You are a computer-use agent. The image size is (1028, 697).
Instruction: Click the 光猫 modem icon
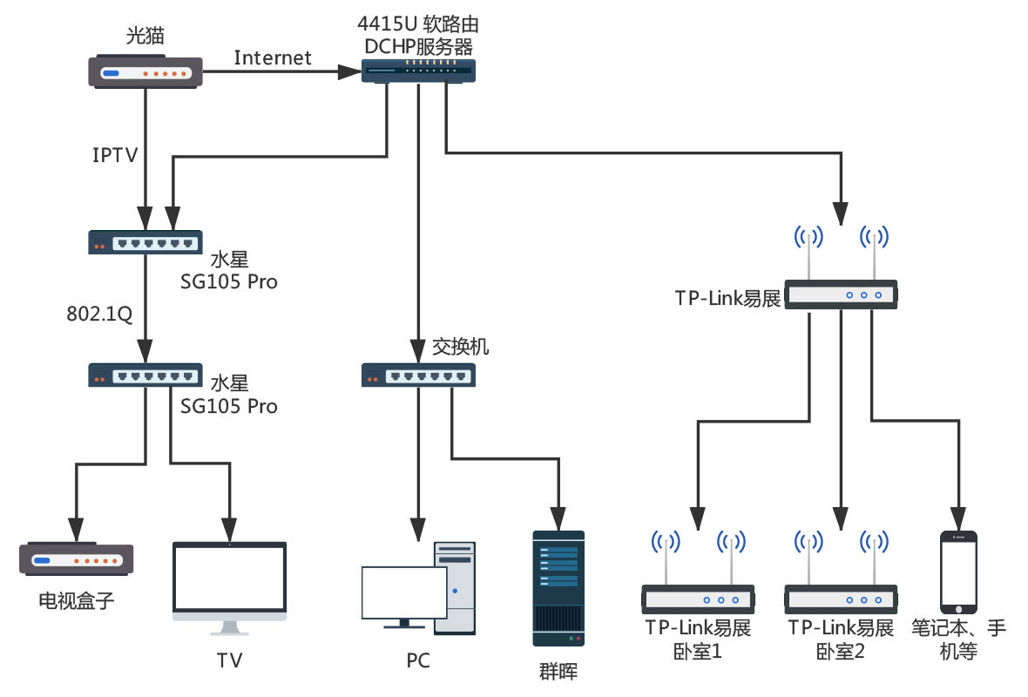point(146,71)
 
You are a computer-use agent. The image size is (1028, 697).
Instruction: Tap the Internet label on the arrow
point(273,58)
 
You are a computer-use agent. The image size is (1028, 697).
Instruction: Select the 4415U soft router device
point(418,71)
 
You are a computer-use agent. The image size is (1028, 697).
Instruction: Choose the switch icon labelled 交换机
point(418,376)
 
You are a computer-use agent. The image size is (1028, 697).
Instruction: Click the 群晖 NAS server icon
point(558,588)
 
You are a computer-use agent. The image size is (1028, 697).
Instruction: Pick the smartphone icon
point(958,572)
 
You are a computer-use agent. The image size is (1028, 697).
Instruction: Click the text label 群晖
point(558,670)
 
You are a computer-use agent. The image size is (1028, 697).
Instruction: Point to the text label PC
point(418,661)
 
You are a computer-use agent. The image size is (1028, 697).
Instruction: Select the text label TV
point(229,660)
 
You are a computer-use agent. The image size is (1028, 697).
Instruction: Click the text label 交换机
point(461,347)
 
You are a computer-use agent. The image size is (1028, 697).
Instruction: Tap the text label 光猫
point(145,36)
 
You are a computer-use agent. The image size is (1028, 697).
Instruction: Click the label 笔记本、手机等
point(958,639)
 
